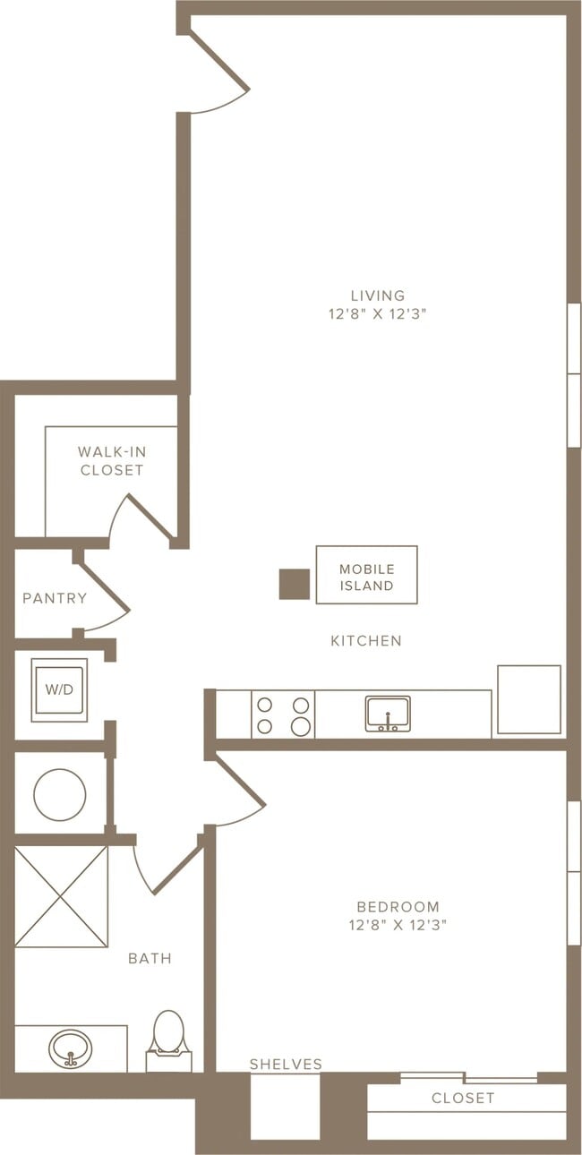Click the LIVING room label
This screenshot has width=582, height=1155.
point(378,295)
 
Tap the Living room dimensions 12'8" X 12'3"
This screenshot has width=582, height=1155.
point(378,314)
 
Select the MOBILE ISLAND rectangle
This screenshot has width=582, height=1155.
point(366,575)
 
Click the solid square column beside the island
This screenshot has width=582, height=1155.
point(295,584)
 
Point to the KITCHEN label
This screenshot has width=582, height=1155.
point(366,641)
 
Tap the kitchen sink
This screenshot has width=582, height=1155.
point(389,714)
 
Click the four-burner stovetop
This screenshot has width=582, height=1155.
point(283,714)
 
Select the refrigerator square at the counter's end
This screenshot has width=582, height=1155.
point(529,699)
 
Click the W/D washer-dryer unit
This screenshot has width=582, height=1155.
point(59,690)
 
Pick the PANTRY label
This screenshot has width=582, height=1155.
point(55,598)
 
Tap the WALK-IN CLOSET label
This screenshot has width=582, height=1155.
point(112,461)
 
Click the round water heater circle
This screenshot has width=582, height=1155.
point(60,794)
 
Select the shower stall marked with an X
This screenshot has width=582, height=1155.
point(61,896)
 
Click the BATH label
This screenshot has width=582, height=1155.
point(150,959)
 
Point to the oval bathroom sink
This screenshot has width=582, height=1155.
point(71,1048)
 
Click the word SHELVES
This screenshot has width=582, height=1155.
point(287,1065)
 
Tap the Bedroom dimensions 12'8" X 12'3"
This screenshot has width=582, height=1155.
point(398,925)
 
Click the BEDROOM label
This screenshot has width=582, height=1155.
point(398,906)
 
